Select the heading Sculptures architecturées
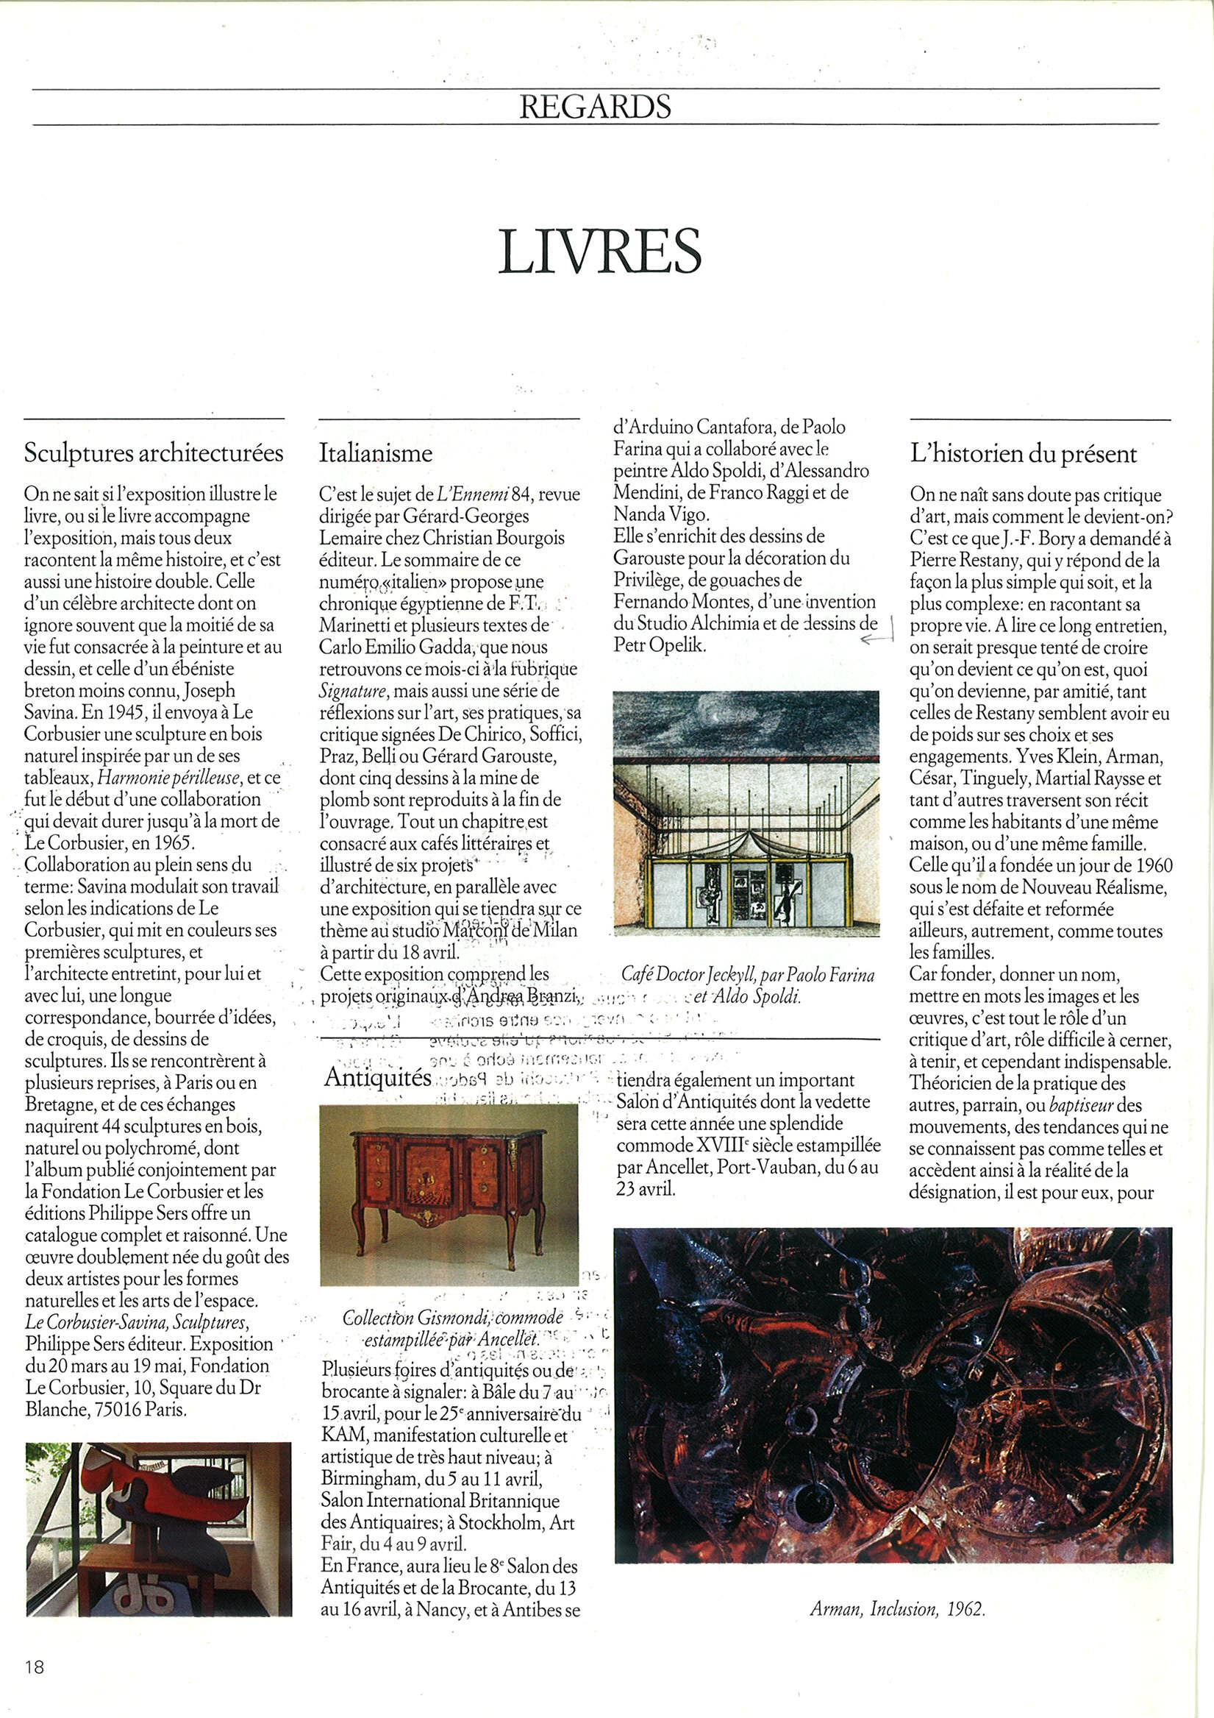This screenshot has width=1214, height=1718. pos(154,453)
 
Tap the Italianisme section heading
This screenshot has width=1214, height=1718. pos(376,453)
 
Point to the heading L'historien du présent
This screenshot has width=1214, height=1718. pos(1024,453)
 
